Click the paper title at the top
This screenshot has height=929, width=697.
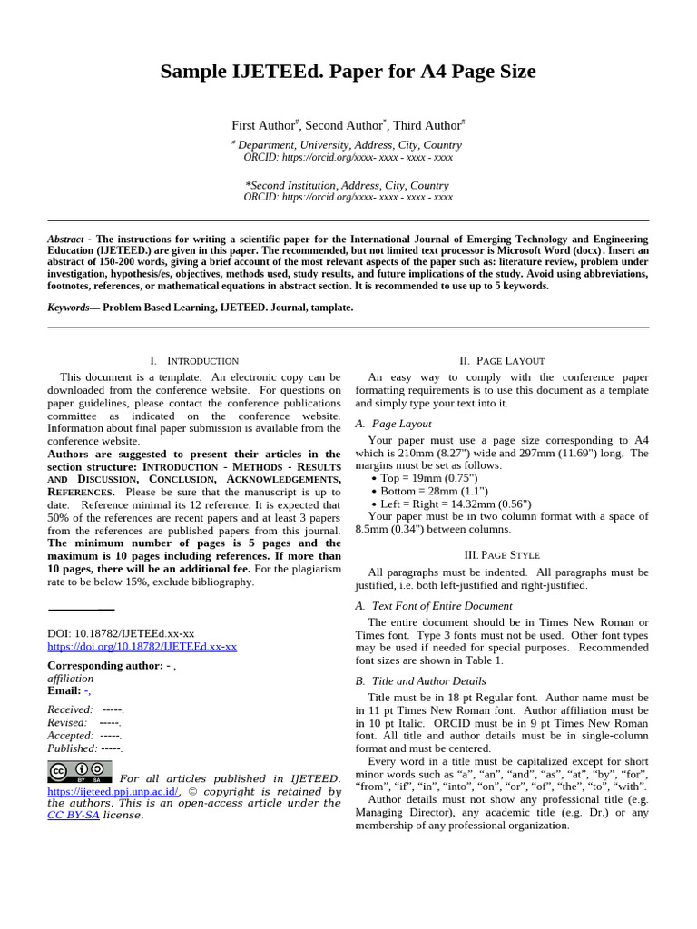pyautogui.click(x=348, y=72)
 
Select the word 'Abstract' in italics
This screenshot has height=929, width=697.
pyautogui.click(x=65, y=240)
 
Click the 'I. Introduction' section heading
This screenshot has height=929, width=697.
pyautogui.click(x=194, y=361)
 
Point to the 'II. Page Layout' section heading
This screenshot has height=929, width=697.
pyautogui.click(x=502, y=361)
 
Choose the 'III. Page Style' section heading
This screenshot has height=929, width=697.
pyautogui.click(x=502, y=554)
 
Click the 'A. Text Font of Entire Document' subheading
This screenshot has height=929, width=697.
pyautogui.click(x=434, y=606)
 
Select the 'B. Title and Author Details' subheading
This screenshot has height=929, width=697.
pyautogui.click(x=420, y=681)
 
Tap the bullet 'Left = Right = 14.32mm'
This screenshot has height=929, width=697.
pyautogui.click(x=451, y=504)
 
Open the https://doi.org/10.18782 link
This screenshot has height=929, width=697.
pyautogui.click(x=142, y=647)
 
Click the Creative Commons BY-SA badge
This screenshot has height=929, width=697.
pyautogui.click(x=79, y=772)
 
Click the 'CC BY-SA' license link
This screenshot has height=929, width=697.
pyautogui.click(x=73, y=815)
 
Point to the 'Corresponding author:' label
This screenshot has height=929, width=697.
pyautogui.click(x=104, y=665)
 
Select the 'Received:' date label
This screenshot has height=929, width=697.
pyautogui.click(x=70, y=709)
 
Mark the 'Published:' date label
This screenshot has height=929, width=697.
pyautogui.click(x=72, y=748)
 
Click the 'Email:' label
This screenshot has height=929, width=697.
pyautogui.click(x=64, y=690)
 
